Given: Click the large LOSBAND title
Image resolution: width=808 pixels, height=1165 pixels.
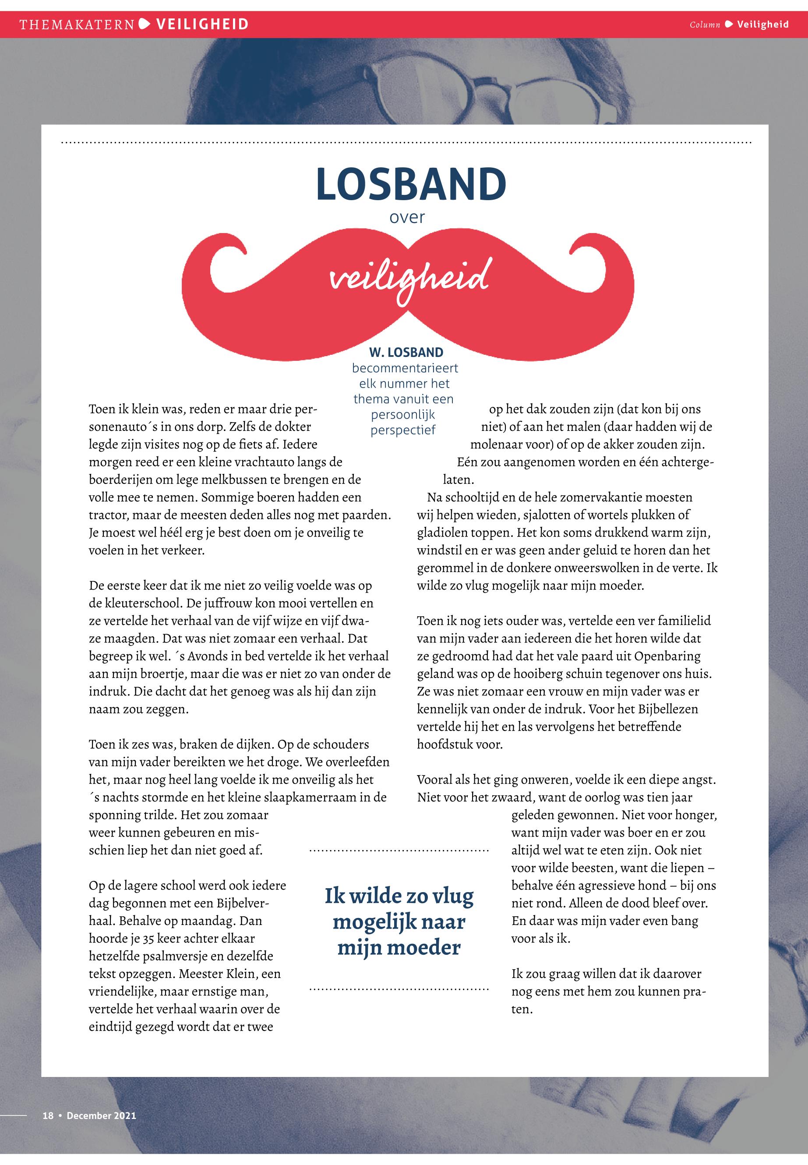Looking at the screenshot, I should click(x=411, y=184).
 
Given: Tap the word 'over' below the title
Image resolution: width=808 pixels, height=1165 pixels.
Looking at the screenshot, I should click(x=407, y=218).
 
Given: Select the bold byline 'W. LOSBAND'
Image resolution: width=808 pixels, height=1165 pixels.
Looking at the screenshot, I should click(x=406, y=353).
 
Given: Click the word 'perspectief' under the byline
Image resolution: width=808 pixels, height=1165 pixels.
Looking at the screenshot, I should click(x=403, y=431).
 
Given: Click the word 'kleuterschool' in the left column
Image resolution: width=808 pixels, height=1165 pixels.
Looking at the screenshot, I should click(x=142, y=604).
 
